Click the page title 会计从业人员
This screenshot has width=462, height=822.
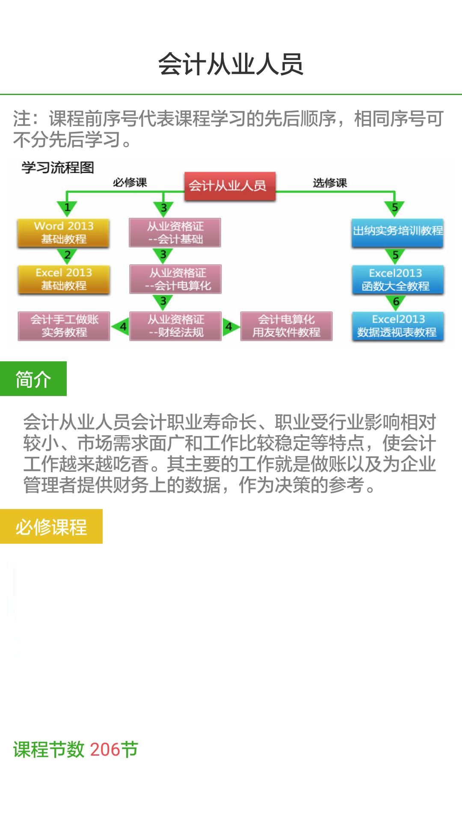tap(231, 64)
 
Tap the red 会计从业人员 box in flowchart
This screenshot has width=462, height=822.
tap(230, 186)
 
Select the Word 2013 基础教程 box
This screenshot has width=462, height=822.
tap(63, 232)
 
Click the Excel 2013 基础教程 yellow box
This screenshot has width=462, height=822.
tap(64, 279)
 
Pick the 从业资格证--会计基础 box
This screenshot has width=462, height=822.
tap(175, 232)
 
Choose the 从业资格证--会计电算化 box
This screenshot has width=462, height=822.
tap(175, 279)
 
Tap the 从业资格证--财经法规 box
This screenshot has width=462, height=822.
tap(175, 326)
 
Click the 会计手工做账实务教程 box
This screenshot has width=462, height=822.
tap(64, 326)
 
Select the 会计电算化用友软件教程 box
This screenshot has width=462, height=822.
tap(286, 326)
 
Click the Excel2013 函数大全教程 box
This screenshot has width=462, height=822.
tap(397, 279)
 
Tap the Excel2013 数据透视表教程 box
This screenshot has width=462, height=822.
tap(397, 326)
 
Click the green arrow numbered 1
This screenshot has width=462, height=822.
tap(67, 208)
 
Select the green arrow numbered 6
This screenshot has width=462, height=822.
tap(396, 302)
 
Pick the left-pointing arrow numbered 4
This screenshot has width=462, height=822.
tap(121, 327)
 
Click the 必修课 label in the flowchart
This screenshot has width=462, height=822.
tap(130, 183)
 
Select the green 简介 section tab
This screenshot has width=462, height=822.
tap(33, 379)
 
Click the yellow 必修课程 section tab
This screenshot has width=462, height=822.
tap(51, 527)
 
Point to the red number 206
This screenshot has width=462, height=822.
tap(105, 750)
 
